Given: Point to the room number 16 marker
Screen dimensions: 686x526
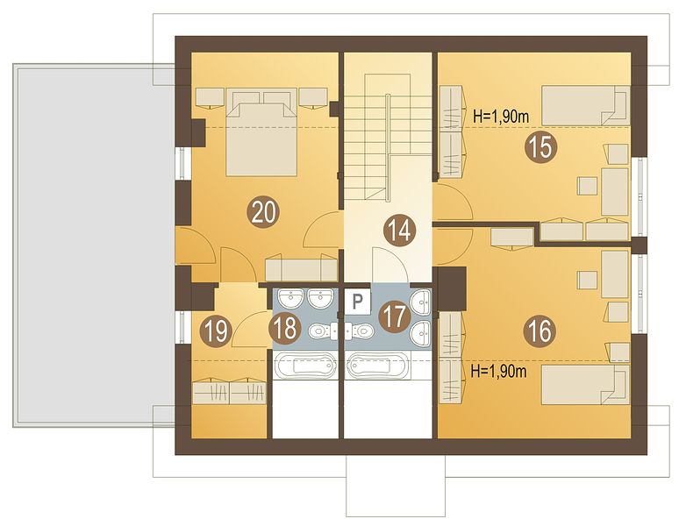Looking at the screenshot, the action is pyautogui.click(x=541, y=331).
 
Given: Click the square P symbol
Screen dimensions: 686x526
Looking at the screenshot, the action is pyautogui.click(x=358, y=302).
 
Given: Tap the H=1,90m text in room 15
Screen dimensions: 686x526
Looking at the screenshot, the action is pyautogui.click(x=502, y=117).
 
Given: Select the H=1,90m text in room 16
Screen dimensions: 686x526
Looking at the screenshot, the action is pyautogui.click(x=498, y=371).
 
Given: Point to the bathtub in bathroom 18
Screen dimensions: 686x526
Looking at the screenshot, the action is pyautogui.click(x=306, y=366).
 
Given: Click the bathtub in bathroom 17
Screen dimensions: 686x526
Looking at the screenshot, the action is pyautogui.click(x=378, y=366).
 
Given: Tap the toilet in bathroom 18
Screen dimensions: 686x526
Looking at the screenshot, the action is pyautogui.click(x=323, y=331).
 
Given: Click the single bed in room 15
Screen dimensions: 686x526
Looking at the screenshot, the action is pyautogui.click(x=585, y=105).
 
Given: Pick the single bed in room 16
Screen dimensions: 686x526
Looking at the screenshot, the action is pyautogui.click(x=585, y=385).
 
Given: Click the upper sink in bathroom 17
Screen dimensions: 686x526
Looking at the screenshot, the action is pyautogui.click(x=421, y=302).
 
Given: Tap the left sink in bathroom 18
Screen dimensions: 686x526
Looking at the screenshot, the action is pyautogui.click(x=289, y=299).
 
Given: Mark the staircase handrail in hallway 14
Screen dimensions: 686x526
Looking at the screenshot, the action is pyautogui.click(x=388, y=147).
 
